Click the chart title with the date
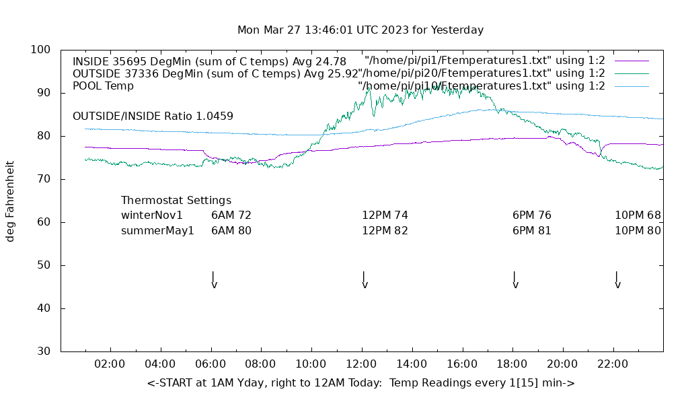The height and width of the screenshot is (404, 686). click(x=360, y=30)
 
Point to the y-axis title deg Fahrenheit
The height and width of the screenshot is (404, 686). click(x=11, y=201)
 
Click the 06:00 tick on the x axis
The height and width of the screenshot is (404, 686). click(x=211, y=364)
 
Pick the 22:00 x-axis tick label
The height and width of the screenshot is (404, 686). click(x=613, y=364)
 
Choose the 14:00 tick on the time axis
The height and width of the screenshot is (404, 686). click(x=412, y=364)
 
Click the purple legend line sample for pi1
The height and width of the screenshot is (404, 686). click(x=632, y=61)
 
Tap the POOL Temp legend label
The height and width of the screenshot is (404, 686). click(x=103, y=86)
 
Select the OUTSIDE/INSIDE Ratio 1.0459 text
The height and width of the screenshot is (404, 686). click(x=153, y=116)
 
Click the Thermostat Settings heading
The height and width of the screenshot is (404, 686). click(x=176, y=201)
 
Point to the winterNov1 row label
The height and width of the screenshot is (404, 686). click(x=152, y=215)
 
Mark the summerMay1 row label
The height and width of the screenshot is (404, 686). click(x=157, y=230)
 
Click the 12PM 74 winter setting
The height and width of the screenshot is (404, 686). click(x=385, y=215)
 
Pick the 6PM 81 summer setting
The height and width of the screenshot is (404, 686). click(x=531, y=230)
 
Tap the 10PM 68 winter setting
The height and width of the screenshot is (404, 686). click(x=638, y=215)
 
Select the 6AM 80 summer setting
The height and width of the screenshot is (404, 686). click(x=231, y=230)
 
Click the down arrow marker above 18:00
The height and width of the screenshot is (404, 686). click(x=515, y=280)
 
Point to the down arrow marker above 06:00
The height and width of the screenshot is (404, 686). click(x=214, y=280)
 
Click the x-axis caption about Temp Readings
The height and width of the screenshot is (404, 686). click(x=360, y=383)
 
